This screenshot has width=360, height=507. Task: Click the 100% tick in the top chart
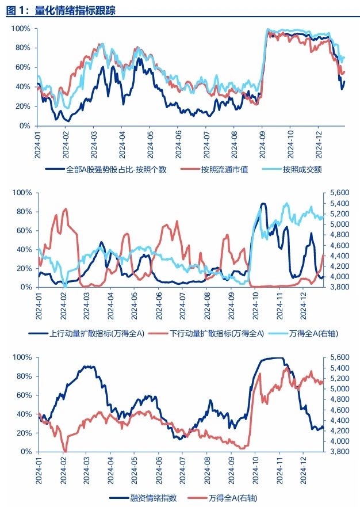(x=21, y=29)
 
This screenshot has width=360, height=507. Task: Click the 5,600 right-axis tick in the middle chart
(x=338, y=192)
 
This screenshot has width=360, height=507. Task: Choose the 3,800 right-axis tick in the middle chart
(x=338, y=287)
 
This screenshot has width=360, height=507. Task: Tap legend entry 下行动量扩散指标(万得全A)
(x=217, y=333)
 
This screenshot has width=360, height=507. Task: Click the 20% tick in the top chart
(x=23, y=106)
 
